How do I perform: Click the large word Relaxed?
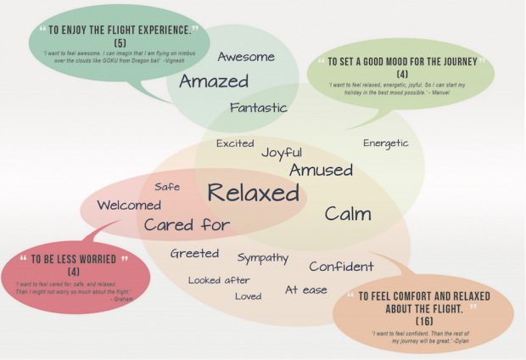coord(254,194)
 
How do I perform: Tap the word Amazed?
coord(213,82)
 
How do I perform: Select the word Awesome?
coord(246,57)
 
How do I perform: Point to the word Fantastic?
coord(259,108)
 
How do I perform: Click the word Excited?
coord(235,143)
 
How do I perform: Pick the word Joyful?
coord(282,153)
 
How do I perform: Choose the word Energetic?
coord(386,143)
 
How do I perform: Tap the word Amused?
coord(321,171)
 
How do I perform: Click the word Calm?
coord(348,214)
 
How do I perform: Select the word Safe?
coord(167,187)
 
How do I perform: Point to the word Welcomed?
coord(129,205)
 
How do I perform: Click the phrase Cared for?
coord(187,225)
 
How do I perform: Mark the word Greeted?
coord(194,254)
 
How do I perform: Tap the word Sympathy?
coord(263,257)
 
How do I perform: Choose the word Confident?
coord(341,267)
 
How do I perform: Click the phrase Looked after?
coord(219,280)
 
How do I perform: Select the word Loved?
coord(248,296)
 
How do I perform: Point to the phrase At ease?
coord(305,290)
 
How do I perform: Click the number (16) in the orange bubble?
coord(424,323)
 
